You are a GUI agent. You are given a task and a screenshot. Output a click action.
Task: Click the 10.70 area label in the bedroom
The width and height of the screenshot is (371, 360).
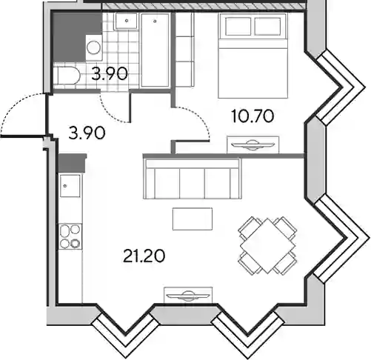point(253,116)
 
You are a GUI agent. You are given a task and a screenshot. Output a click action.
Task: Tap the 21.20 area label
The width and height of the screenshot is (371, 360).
point(144,256)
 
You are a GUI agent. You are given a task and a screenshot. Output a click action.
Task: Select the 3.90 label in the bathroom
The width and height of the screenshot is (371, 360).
point(110,74)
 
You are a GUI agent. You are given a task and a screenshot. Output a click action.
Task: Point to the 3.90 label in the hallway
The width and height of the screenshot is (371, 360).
point(87,133)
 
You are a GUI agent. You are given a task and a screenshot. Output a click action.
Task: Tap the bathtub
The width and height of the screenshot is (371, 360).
point(155,50)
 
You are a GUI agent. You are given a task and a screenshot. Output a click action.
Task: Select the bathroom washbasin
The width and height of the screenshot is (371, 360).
point(126,21)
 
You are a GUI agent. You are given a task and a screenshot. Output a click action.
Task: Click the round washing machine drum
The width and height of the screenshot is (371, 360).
point(94,47)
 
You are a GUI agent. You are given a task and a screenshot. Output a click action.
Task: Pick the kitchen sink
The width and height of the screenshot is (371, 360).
point(70,185)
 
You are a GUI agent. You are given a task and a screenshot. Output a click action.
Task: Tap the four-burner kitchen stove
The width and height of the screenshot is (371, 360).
point(70,236)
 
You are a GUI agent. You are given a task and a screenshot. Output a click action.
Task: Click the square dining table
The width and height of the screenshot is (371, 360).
point(267,246)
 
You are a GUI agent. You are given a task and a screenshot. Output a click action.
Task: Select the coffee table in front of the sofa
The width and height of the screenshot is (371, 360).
point(193,219)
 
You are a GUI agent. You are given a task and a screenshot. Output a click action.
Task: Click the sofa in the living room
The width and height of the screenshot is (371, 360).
point(193,179)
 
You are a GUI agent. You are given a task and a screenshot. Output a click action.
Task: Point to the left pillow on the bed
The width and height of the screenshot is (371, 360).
point(238,27)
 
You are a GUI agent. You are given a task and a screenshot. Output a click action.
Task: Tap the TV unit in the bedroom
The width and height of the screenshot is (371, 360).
point(253,144)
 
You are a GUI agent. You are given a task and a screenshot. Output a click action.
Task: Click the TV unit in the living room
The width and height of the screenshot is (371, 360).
point(188,295)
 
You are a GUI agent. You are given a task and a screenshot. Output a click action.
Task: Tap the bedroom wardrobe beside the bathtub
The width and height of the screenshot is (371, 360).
point(184,50)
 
